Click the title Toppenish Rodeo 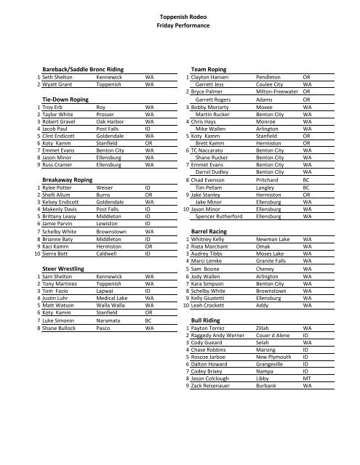click(x=179, y=16)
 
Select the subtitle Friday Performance click(x=179, y=25)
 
